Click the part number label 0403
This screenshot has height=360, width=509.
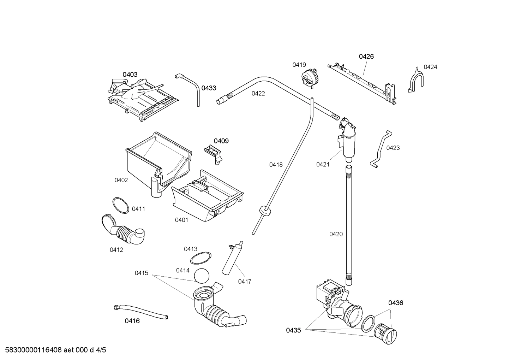(x=130, y=75)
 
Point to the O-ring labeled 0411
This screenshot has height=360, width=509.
(x=120, y=205)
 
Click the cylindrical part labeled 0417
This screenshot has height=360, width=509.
(x=232, y=258)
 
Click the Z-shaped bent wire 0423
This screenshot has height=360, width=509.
(x=381, y=148)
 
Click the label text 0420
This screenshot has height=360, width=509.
(x=336, y=234)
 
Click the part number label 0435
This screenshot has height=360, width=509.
(x=293, y=330)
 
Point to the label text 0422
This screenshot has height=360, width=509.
(x=258, y=94)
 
